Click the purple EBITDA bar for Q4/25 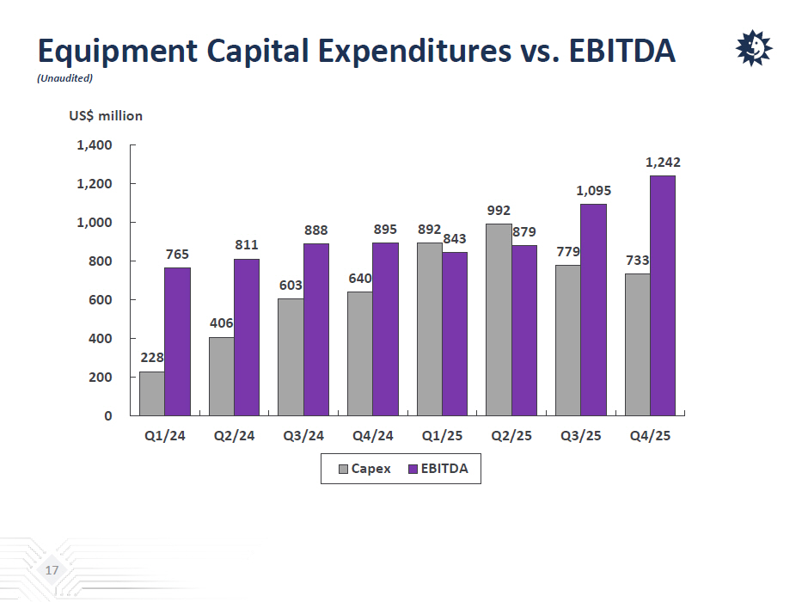pos(663,296)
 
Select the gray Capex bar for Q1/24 pos(151,394)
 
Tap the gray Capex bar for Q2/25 pos(499,320)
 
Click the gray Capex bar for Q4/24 pos(359,353)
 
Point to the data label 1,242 pos(663,162)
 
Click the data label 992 pos(499,210)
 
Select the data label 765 pos(177,254)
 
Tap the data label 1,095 pos(593,190)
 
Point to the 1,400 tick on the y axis pos(95,145)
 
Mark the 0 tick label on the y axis pos(108,416)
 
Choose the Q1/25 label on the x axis pos(442,436)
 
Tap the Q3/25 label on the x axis pos(580,436)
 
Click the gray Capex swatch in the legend pos(343,469)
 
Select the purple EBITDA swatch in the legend pos(412,469)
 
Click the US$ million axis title pos(106,115)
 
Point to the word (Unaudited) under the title pos(64,78)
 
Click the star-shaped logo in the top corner pos(753,49)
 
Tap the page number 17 pos(52,571)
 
